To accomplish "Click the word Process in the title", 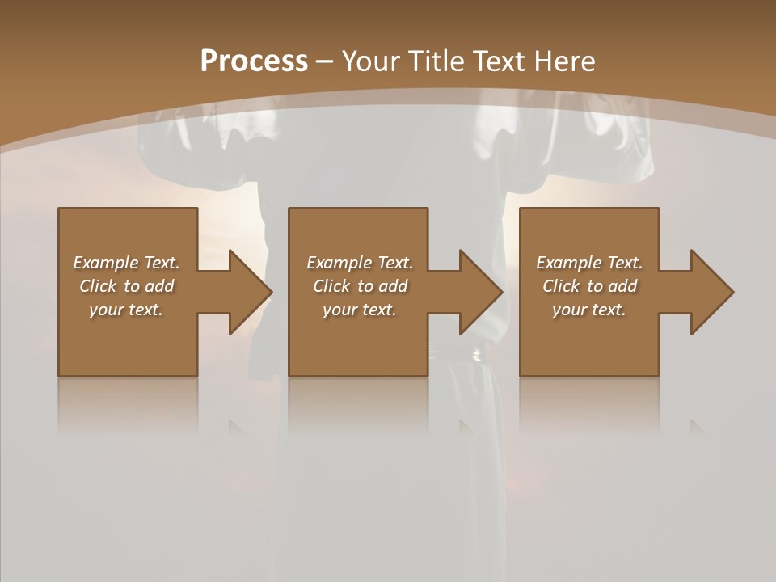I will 254,61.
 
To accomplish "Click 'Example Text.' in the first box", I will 126,263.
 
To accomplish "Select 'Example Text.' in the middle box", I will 360,263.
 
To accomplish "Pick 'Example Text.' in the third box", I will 589,263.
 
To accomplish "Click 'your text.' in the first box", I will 126,310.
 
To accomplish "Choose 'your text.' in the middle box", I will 360,310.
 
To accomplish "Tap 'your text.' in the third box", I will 589,310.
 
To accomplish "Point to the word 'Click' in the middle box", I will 331,286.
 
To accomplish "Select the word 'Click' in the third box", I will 561,286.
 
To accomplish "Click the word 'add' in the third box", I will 622,286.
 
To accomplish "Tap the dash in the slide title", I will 324,62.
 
